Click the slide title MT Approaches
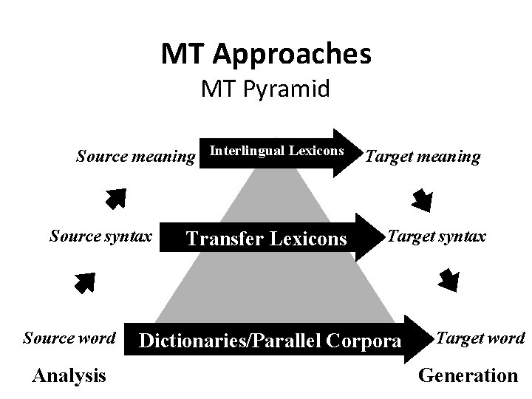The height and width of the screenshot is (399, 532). click(266, 53)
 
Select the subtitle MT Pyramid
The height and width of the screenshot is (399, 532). click(266, 90)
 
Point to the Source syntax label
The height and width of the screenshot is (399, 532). click(100, 236)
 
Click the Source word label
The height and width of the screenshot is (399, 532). click(69, 338)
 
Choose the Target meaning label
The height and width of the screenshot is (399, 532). click(423, 156)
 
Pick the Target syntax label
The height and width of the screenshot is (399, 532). click(437, 236)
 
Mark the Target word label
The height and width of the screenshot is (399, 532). click(481, 338)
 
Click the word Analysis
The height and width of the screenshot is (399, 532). click(69, 375)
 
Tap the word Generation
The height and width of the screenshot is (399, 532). click(468, 375)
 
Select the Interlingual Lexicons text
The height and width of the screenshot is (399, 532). click(277, 151)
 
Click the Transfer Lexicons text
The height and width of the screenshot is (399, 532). click(266, 239)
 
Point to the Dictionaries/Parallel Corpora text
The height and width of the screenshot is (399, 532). click(270, 341)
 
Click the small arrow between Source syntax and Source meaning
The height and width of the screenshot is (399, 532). click(114, 198)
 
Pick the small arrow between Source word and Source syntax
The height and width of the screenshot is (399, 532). click(84, 282)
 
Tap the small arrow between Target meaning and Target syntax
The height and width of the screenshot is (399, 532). click(423, 199)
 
